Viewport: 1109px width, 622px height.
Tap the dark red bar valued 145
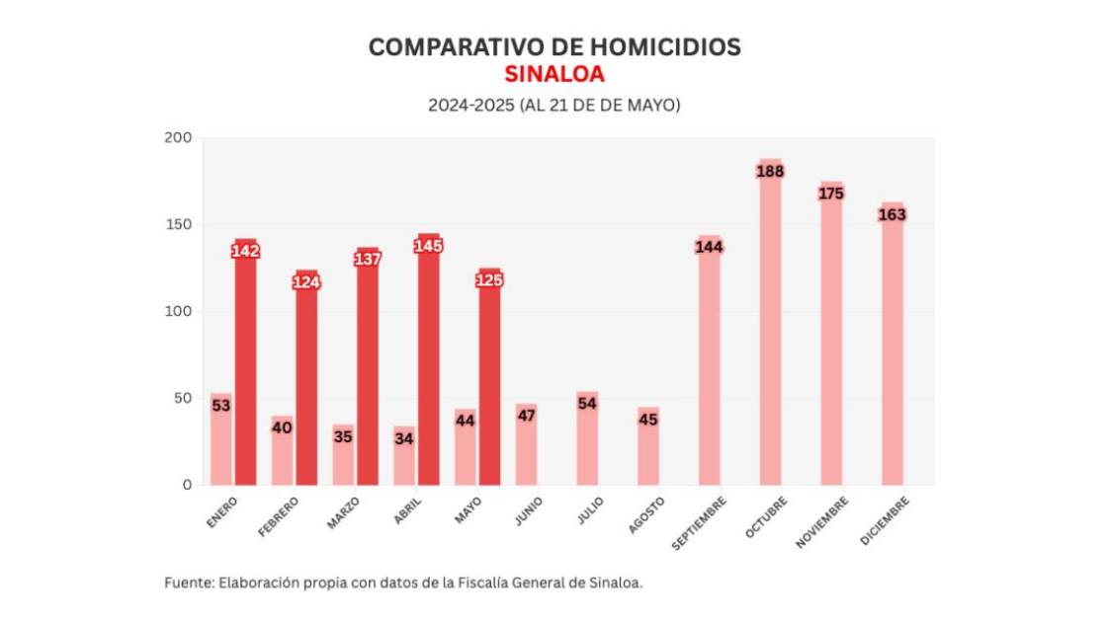pos(428,365)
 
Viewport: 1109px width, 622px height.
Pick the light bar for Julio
pos(587,444)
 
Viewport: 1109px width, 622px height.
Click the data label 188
pos(770,171)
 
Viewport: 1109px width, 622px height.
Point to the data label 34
pos(403,438)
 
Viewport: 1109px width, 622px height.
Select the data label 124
pos(306,282)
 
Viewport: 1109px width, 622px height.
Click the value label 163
pos(893,214)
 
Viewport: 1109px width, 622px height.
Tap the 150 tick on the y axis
pos(178,225)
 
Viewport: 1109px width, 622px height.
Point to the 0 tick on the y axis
pos(185,485)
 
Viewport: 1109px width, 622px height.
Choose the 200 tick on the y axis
pos(178,138)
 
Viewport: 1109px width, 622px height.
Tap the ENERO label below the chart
pos(222,512)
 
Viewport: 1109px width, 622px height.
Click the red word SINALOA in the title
pos(554,75)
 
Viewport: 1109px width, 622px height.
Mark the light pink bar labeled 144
pos(710,365)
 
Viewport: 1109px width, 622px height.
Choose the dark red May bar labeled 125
pos(489,385)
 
